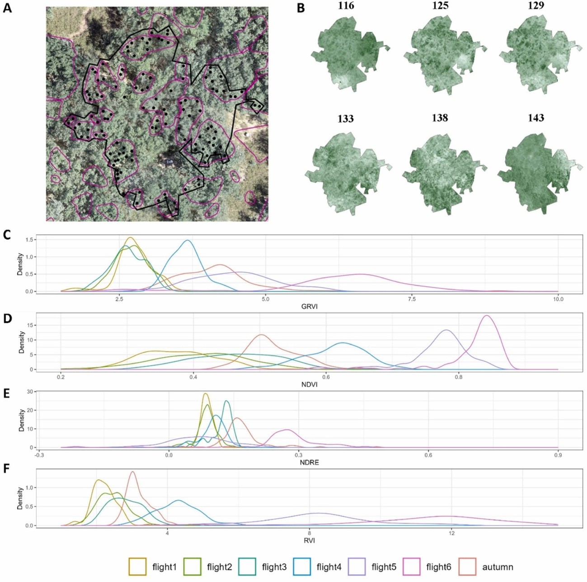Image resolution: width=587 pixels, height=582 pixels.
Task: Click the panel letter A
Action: (7, 8)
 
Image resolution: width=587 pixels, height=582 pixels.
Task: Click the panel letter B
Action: (301, 8)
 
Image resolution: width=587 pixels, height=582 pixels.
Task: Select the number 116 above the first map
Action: (346, 5)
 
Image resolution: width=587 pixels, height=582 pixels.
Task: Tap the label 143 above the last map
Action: (536, 118)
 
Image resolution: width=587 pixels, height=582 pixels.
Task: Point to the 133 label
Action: (345, 118)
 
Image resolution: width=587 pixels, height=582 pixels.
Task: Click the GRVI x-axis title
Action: (309, 307)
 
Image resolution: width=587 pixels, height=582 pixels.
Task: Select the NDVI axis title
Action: (309, 385)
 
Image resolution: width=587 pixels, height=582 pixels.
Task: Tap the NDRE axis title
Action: (309, 463)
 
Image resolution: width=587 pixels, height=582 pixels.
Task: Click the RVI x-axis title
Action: (310, 540)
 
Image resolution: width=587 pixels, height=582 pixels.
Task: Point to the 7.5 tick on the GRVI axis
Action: (412, 299)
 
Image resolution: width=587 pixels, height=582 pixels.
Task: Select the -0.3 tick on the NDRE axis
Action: (39, 455)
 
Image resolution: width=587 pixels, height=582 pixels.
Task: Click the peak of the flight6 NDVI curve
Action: (487, 316)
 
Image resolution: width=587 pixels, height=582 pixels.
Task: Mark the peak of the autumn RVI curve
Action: (133, 472)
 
